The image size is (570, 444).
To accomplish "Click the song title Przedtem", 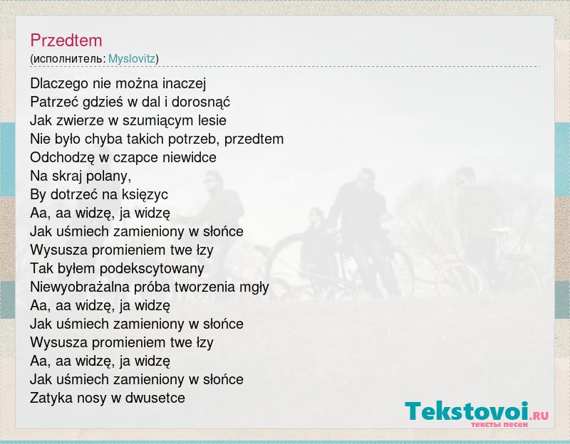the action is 66,41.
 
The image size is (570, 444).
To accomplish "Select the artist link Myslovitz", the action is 132,59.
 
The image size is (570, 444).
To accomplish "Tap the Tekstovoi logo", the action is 477,413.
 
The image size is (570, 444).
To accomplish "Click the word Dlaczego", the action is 59,84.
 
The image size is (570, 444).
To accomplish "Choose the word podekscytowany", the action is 152,269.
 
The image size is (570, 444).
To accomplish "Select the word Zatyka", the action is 51,398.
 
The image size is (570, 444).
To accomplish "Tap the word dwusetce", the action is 155,398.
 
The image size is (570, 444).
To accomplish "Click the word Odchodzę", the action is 62,158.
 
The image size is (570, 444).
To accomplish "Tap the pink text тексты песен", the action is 499,424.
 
